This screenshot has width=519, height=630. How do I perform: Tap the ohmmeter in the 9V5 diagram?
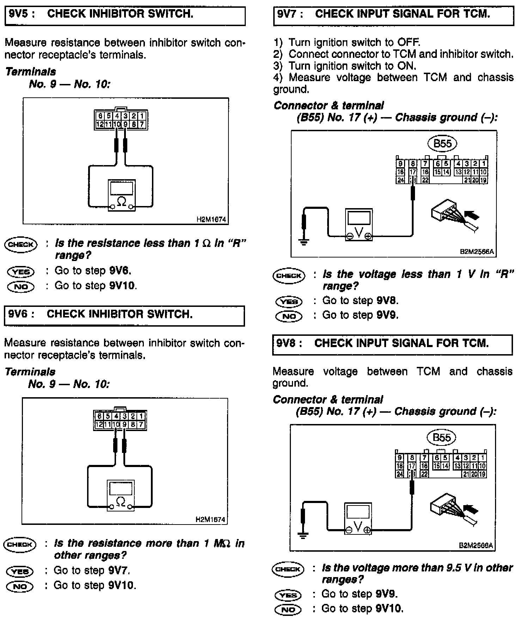122,195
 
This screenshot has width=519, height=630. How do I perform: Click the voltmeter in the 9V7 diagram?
359,225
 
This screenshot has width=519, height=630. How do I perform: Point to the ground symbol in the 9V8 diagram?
302,535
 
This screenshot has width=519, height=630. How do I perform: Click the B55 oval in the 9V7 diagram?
442,144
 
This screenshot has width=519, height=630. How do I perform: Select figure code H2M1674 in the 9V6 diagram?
210,519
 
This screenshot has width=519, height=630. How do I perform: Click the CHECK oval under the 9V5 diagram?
21,244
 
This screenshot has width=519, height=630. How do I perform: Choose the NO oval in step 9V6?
20,586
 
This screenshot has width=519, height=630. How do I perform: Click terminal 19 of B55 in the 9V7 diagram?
483,180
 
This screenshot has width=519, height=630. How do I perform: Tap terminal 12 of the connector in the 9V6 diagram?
99,424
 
